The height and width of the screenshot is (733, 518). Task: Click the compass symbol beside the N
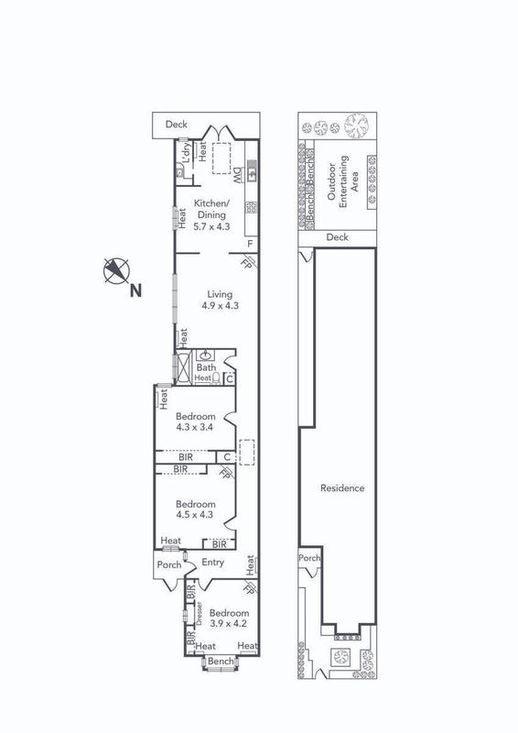click(x=116, y=271)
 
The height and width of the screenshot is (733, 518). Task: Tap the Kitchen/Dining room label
click(x=211, y=215)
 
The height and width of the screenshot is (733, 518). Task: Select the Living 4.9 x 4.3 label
click(x=220, y=300)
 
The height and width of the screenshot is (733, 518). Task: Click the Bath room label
click(x=206, y=367)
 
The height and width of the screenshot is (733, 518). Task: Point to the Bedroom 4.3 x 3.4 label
click(x=195, y=421)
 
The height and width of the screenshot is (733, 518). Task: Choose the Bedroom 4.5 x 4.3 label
click(x=195, y=509)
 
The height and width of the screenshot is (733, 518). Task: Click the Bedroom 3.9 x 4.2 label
click(x=229, y=618)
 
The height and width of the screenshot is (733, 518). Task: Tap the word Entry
click(x=212, y=563)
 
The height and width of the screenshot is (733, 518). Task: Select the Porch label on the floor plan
click(x=168, y=564)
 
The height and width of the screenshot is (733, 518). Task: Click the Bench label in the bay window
click(x=221, y=662)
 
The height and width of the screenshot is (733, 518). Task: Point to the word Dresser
click(x=199, y=613)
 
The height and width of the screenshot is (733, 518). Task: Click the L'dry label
click(x=187, y=152)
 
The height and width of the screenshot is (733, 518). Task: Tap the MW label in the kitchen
click(x=237, y=175)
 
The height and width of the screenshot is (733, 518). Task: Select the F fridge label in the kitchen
click(x=251, y=244)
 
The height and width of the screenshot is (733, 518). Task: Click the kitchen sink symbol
click(x=252, y=170)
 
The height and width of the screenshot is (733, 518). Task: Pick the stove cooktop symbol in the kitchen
click(x=252, y=207)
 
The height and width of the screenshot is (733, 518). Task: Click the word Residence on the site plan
click(x=342, y=488)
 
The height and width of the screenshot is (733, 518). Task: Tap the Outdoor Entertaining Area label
click(x=343, y=180)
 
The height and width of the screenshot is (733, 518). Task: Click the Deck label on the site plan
click(x=337, y=237)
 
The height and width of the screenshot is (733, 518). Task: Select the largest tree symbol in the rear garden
click(x=357, y=126)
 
